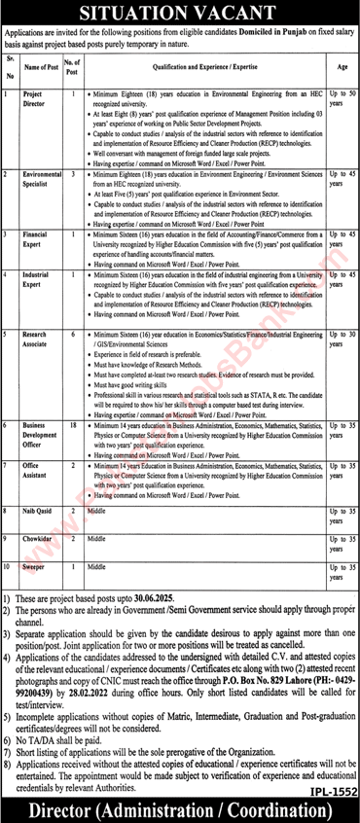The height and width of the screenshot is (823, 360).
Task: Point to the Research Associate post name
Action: pos(42,339)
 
